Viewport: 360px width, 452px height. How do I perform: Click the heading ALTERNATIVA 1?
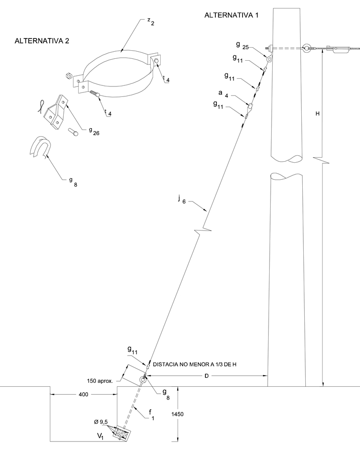[x=231, y=15]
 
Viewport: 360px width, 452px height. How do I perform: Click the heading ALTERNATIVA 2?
[x=42, y=41]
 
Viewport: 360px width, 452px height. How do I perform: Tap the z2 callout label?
[x=151, y=21]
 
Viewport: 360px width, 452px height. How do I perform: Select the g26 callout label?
[x=94, y=131]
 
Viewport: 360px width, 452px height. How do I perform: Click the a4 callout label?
[x=223, y=94]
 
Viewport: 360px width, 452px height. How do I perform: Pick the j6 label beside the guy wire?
[x=182, y=199]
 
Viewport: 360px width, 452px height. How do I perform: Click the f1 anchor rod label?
[x=151, y=414]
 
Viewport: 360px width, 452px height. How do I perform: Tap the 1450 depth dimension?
[x=177, y=414]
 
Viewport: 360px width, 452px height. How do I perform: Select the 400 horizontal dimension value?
[x=83, y=394]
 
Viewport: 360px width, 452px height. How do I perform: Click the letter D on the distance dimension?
[x=206, y=376]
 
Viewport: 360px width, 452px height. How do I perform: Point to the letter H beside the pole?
[x=317, y=114]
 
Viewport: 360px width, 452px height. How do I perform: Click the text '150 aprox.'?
[x=100, y=381]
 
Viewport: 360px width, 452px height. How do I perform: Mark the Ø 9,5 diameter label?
[x=100, y=422]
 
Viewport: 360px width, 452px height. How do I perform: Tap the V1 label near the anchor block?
[x=100, y=436]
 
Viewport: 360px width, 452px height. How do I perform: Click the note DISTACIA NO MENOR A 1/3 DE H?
[x=194, y=365]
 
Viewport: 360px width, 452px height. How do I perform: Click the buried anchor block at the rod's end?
[x=122, y=433]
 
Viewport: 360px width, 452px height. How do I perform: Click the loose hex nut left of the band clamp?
[x=69, y=76]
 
